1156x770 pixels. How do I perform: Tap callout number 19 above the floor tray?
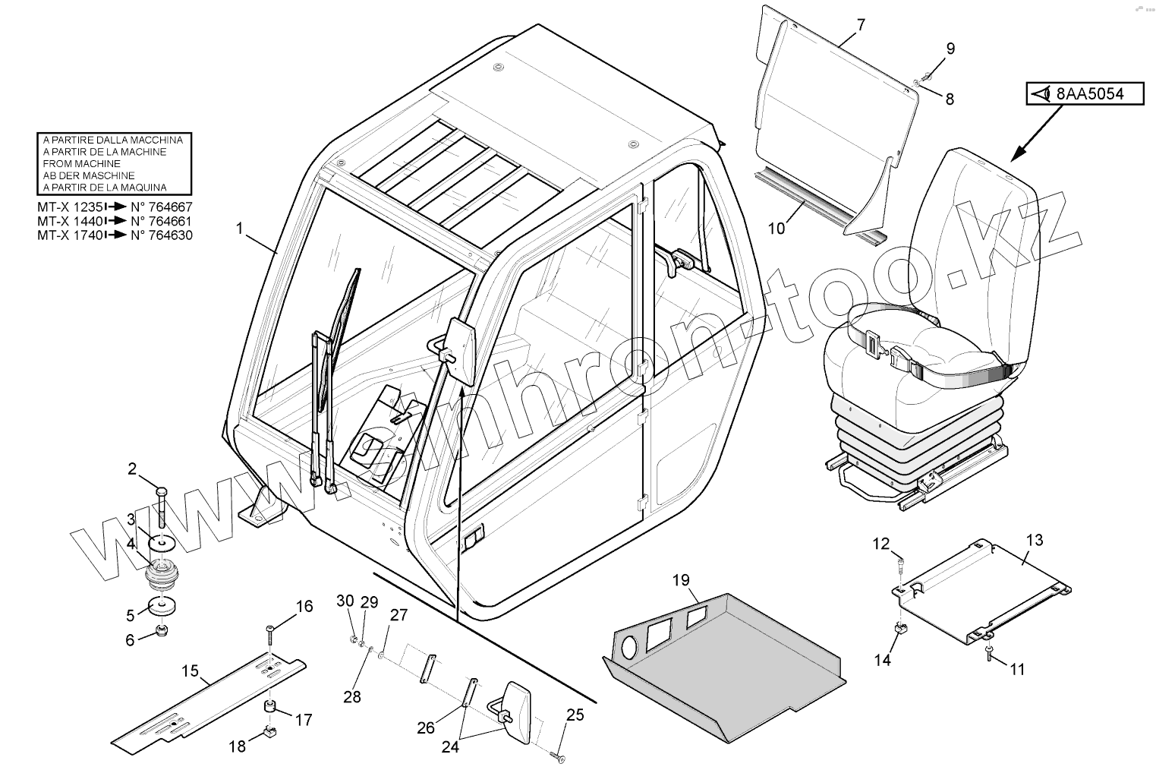680,581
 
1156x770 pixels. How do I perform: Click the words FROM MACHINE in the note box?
82,163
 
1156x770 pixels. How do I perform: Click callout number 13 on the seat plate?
1035,540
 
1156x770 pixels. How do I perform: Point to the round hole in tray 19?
629,647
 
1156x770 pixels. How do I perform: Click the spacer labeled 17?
269,708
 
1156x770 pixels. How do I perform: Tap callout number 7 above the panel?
860,24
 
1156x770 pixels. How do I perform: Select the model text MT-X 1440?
68,221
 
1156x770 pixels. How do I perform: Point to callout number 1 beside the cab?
240,227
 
